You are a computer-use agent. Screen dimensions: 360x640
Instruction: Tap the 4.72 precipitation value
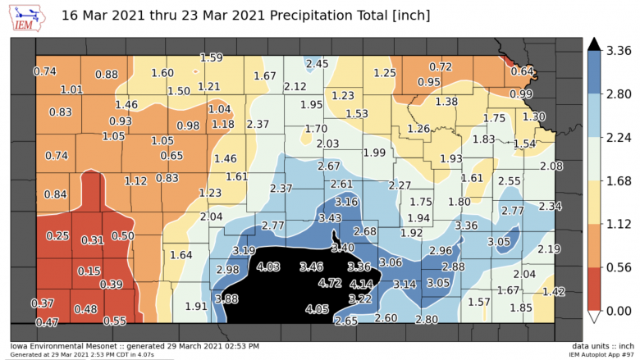(329, 283)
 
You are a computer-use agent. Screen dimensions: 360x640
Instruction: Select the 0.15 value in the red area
(89, 271)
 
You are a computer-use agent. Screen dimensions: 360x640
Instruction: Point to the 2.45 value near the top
(317, 64)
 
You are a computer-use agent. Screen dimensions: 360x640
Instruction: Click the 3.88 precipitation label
(226, 298)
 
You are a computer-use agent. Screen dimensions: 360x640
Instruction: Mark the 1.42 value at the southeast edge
(554, 292)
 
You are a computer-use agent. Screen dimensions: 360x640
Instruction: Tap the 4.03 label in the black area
(268, 267)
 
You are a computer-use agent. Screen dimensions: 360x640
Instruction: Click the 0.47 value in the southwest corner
(47, 322)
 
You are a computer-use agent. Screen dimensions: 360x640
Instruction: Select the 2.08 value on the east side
(552, 166)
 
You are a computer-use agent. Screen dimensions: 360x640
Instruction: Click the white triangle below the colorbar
(595, 317)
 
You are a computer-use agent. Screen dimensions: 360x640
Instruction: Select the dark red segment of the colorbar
(595, 289)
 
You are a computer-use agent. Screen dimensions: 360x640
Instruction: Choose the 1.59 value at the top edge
(212, 57)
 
